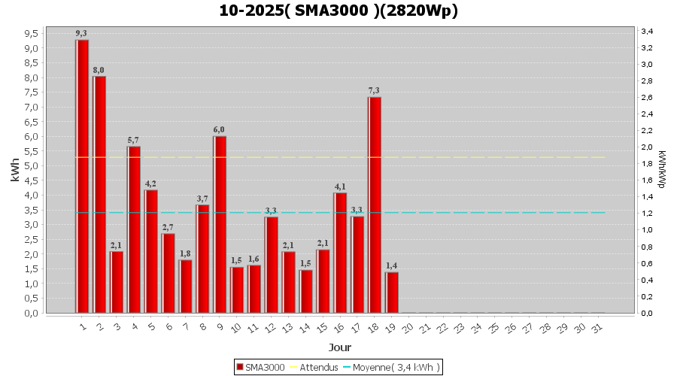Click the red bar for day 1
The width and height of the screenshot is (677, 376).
(82, 176)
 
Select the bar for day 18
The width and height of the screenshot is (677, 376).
(375, 205)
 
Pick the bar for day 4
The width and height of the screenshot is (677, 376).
(134, 229)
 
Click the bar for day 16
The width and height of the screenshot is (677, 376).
(340, 253)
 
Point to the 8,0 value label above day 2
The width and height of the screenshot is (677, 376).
(99, 70)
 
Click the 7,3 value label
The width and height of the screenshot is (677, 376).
(374, 90)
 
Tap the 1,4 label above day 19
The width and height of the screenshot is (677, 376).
(391, 265)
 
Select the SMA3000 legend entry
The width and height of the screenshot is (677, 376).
(260, 367)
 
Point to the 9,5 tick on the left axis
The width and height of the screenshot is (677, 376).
(32, 34)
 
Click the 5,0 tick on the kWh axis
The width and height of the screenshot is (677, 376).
(32, 166)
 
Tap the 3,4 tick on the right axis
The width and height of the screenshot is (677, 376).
(646, 31)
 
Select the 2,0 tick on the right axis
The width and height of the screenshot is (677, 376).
(646, 147)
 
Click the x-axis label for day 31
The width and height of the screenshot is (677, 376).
(597, 328)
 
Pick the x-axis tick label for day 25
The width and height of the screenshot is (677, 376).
(493, 328)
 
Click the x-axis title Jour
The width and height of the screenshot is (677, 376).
(338, 347)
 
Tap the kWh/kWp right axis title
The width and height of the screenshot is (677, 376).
(661, 169)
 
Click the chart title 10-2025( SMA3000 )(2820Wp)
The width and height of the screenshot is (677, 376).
(338, 11)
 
